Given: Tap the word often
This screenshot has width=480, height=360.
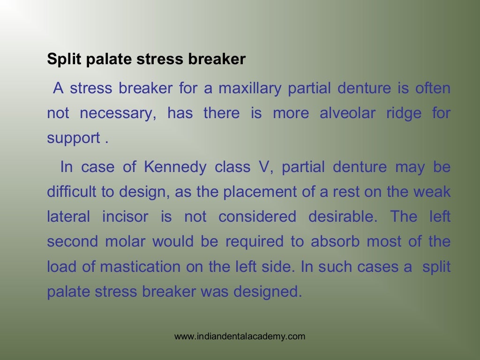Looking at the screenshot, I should tap(433, 88).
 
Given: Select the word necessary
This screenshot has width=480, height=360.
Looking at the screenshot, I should tap(117, 113).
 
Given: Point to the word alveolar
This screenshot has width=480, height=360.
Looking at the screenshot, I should tap(346, 113).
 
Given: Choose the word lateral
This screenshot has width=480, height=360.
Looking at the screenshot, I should tap(68, 217).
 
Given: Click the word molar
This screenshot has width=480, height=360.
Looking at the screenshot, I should tap(126, 242).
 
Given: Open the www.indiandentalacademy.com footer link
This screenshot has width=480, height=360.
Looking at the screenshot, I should tap(240, 336).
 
